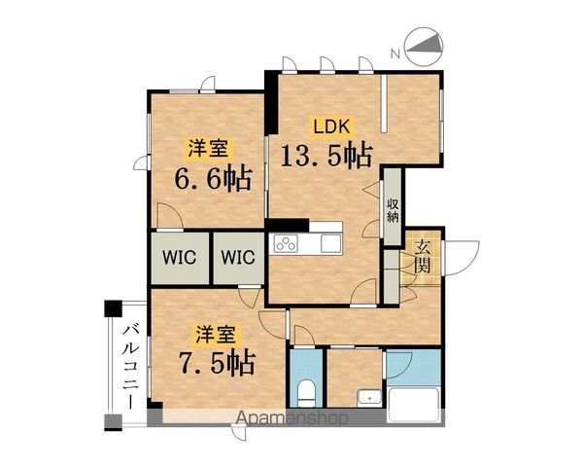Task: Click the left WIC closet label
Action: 177,259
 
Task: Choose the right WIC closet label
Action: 237,259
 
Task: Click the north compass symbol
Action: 424,46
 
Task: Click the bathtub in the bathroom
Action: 415,405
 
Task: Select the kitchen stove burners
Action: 287,244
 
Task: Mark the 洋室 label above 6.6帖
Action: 208,149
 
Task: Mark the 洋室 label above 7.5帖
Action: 214,335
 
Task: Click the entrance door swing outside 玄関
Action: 460,255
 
